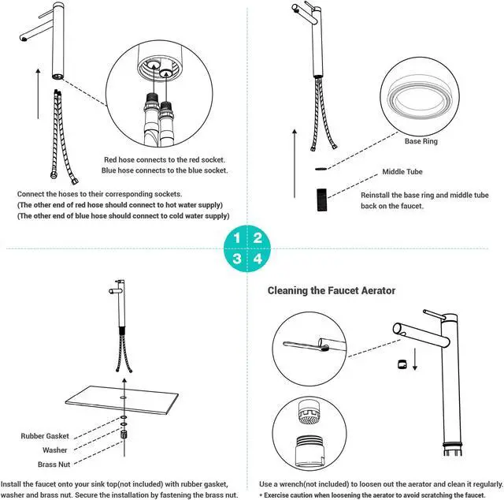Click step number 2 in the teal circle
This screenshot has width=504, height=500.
[258, 237]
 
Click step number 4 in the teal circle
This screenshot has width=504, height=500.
[258, 258]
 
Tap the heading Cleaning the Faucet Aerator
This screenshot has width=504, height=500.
[331, 291]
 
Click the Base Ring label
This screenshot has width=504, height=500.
[421, 142]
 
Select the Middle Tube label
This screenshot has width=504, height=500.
[403, 171]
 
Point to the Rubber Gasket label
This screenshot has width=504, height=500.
[46, 435]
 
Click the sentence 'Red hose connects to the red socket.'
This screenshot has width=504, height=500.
[165, 158]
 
